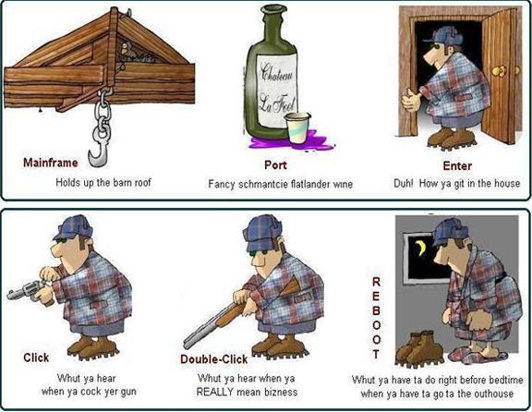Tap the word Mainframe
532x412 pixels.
[x=50, y=163]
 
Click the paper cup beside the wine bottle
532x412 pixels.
[x=296, y=127]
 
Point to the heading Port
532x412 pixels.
[x=275, y=165]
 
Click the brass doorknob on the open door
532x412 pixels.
[x=498, y=70]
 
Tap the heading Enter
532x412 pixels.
[x=457, y=166]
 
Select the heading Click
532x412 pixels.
[x=36, y=357]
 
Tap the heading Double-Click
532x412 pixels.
[x=213, y=359]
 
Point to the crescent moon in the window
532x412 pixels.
[x=421, y=248]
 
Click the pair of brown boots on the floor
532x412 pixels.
[x=419, y=348]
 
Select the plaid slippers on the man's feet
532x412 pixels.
[x=478, y=354]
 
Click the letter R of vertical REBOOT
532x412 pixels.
[x=376, y=282]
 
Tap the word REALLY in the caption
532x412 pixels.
[x=215, y=392]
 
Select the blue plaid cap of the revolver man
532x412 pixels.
[x=73, y=227]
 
